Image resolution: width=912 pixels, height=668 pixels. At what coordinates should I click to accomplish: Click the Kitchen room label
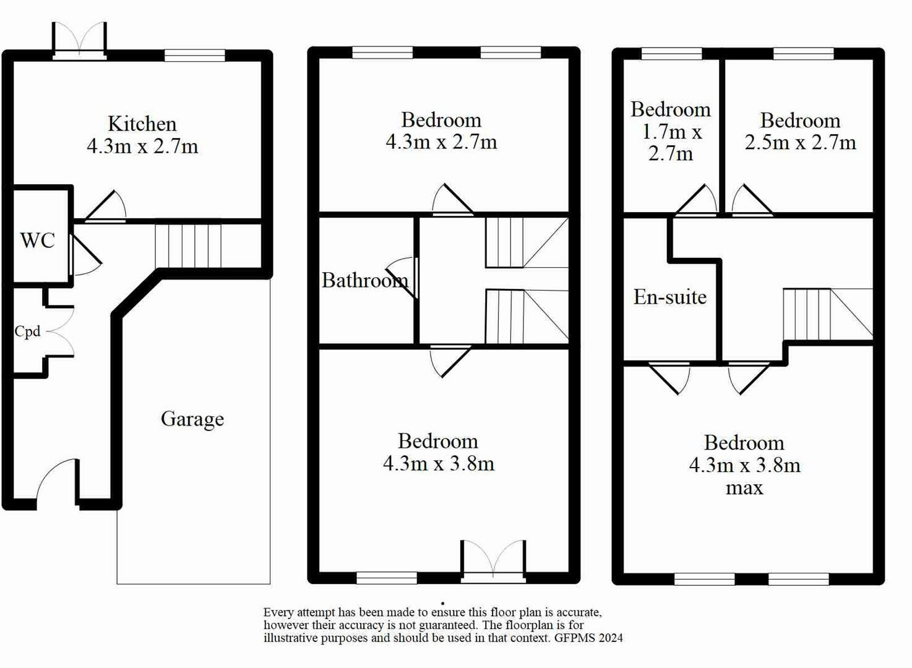click(x=142, y=124)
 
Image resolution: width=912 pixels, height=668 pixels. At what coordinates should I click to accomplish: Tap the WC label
click(x=37, y=240)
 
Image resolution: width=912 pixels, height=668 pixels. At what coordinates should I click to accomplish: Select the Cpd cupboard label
click(x=27, y=332)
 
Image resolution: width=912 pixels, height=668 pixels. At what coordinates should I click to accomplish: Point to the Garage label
click(x=192, y=419)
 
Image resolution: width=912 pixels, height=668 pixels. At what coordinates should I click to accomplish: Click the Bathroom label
click(x=364, y=280)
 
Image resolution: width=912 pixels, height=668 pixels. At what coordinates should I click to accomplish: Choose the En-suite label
click(x=669, y=297)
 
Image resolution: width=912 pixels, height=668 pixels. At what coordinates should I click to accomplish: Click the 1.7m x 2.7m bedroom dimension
click(x=671, y=143)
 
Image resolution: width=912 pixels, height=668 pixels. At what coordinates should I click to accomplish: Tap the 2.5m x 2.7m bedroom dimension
click(x=800, y=143)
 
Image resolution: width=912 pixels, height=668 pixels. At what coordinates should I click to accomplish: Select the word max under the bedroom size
click(x=744, y=488)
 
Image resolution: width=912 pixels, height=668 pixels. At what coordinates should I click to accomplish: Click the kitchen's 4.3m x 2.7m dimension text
click(x=142, y=147)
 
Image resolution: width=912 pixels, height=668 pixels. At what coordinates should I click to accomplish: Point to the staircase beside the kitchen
click(x=187, y=246)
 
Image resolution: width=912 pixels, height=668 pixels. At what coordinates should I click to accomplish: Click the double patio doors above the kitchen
click(x=79, y=40)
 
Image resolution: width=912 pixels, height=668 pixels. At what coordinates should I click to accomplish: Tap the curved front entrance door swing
click(x=57, y=479)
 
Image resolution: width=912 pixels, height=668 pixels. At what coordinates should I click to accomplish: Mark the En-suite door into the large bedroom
click(x=670, y=377)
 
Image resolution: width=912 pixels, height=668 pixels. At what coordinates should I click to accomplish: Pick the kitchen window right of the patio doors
click(x=194, y=56)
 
